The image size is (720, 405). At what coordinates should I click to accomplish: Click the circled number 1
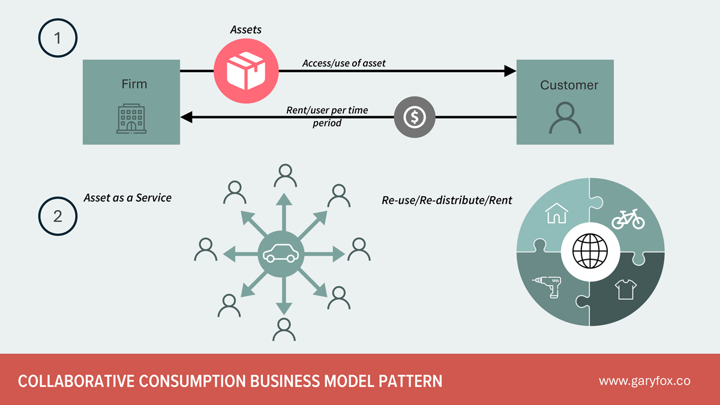58,38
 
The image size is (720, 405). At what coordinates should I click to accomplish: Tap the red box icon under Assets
245,71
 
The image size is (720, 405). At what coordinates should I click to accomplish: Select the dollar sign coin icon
414,117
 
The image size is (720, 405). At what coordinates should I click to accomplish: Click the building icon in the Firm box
131,118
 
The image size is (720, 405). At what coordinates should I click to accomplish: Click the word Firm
134,84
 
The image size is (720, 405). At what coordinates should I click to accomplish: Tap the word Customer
569,85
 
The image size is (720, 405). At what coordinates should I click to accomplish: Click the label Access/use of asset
344,63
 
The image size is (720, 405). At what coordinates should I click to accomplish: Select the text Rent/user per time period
327,116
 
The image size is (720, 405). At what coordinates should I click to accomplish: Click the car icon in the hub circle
281,254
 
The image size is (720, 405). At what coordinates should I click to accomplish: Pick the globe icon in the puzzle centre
590,251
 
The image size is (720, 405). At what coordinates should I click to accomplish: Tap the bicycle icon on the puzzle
628,218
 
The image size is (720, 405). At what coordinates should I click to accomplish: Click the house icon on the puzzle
557,212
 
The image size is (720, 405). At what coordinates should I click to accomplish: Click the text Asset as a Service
127,197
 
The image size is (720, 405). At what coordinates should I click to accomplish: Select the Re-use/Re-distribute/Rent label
447,200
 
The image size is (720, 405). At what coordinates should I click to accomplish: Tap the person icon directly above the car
284,176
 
